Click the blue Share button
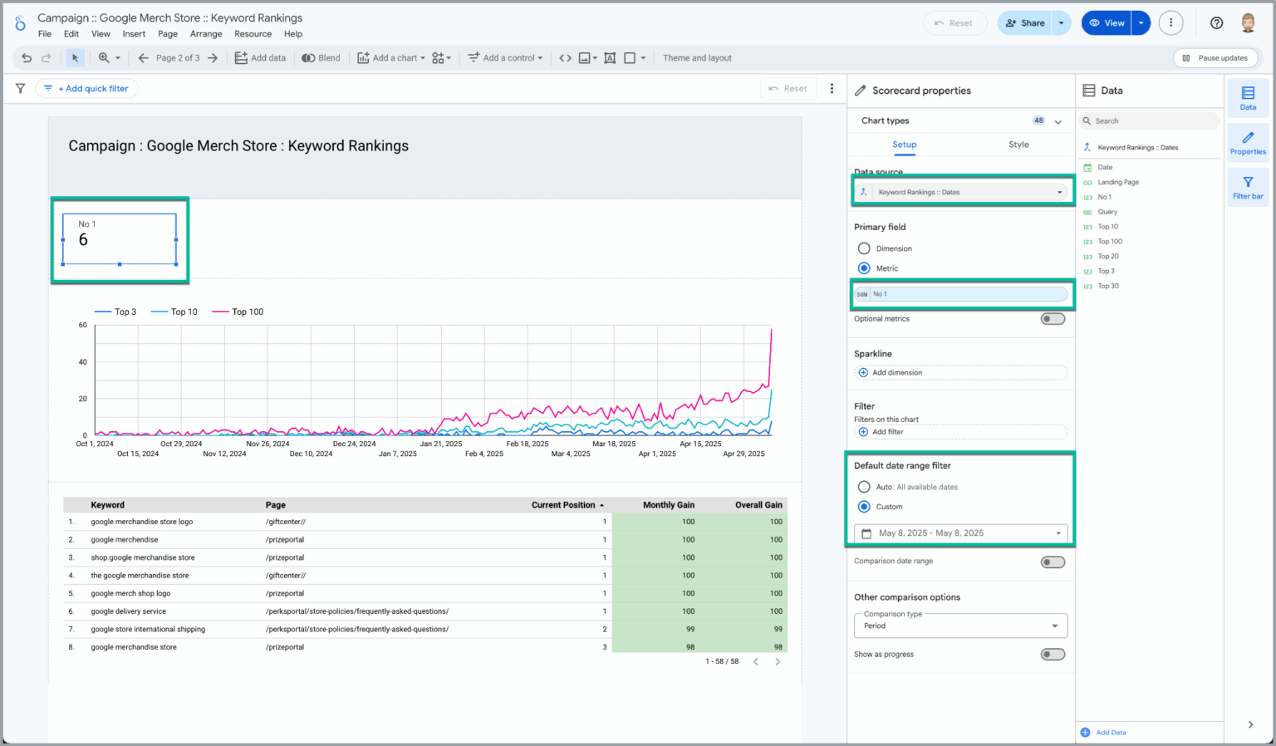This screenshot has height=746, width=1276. point(1024,23)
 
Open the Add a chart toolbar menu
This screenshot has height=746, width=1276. point(391,58)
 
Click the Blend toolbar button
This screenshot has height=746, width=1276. point(321,58)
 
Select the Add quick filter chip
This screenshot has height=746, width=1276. point(87,89)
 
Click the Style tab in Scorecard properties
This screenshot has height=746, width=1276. point(1018,145)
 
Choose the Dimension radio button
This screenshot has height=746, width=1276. point(864,248)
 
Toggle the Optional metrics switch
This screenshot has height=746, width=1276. point(1053,319)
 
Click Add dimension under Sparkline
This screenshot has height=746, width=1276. point(896,373)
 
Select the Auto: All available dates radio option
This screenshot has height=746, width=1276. point(864,487)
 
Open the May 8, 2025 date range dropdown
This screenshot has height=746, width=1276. point(960,533)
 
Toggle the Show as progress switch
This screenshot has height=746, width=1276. point(1053,655)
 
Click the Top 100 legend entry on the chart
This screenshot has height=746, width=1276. point(247,312)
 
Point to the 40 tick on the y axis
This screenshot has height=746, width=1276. point(83,362)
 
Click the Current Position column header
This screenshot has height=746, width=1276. point(563,505)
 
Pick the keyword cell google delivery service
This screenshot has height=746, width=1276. point(129,611)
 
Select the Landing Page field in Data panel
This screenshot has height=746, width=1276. point(1118,183)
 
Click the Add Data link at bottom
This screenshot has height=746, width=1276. point(1110,733)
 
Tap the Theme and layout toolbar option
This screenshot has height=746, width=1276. point(697,58)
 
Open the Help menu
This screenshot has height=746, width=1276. point(292,34)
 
